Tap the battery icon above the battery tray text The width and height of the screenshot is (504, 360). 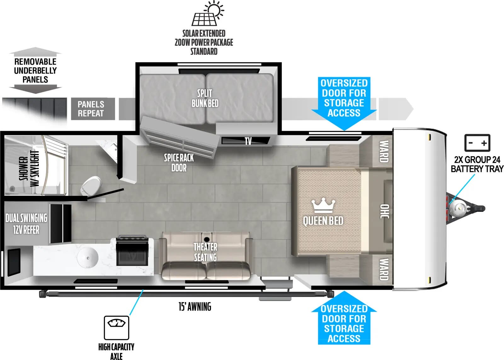[477, 143]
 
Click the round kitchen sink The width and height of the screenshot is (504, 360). [88, 258]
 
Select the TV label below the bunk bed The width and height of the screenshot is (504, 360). [248, 141]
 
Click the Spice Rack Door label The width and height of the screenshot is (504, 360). [179, 163]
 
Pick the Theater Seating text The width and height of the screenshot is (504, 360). [205, 252]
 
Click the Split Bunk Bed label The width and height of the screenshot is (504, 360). [205, 98]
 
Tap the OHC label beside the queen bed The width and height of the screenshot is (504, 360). [385, 211]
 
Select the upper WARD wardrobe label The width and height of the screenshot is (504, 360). [383, 151]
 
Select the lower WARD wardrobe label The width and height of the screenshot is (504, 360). [383, 269]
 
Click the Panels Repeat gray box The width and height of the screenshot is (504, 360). [91, 109]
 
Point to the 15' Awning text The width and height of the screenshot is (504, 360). [195, 306]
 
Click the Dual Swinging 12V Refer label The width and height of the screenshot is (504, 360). [26, 224]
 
